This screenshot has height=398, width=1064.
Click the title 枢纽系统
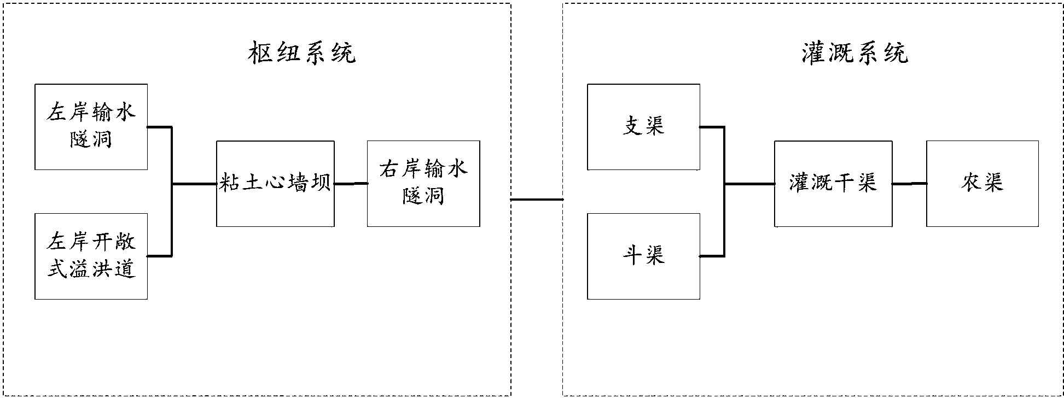coord(302,54)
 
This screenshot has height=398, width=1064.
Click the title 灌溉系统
coord(854,54)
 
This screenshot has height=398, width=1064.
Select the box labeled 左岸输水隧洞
coord(91,126)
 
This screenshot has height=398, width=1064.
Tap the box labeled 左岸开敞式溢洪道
coord(91,256)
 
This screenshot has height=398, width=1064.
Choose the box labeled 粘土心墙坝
coord(275,183)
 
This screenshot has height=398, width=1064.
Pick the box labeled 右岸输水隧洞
coord(423,183)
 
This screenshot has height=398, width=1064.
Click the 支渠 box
coord(643,126)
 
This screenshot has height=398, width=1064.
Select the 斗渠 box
coord(643,256)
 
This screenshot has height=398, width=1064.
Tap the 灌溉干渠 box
coord(833,183)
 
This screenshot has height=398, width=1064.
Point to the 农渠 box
coord(982,183)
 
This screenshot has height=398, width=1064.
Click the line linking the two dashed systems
coord(537,200)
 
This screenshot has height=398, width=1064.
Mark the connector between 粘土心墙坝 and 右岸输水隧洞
coord(351,184)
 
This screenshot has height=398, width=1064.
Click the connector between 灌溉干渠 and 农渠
coord(909,184)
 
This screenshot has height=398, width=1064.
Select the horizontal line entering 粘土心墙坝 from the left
coord(194,184)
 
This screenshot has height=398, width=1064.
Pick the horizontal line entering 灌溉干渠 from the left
coord(749,184)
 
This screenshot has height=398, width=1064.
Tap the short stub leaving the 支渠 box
coord(711,127)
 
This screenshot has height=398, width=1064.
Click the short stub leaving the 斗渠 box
coord(711,256)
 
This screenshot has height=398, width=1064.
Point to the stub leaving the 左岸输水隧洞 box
coord(159,127)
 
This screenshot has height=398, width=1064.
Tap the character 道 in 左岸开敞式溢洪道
coord(126,270)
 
